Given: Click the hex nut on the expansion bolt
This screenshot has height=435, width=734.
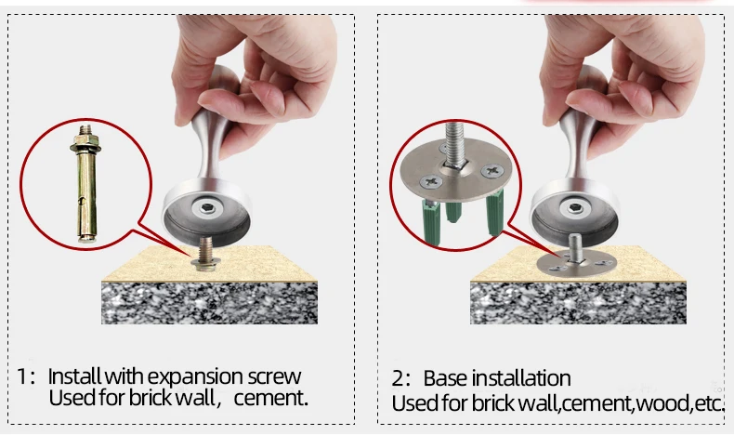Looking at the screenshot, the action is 85,139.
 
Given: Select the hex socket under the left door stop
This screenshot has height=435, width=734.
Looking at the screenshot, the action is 207,208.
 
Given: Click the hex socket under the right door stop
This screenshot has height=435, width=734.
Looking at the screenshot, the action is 575,208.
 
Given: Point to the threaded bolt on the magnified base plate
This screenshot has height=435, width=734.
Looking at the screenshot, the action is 455,145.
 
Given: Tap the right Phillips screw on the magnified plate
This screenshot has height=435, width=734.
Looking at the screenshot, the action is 492,170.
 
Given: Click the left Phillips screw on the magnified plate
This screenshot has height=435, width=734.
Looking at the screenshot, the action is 431,181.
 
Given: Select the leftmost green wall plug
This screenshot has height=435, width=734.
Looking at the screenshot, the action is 432,222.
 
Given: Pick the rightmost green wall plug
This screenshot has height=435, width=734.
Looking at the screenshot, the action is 495,213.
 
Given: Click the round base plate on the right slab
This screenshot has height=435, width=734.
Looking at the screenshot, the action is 576,264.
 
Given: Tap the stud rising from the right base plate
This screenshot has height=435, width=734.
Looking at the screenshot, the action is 575,246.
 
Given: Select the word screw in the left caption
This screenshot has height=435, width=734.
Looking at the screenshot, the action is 274,377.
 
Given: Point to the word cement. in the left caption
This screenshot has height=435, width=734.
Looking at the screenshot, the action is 271,399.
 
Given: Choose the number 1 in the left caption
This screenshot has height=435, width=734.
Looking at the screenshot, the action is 21,376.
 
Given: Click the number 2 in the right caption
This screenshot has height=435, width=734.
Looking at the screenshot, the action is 398,378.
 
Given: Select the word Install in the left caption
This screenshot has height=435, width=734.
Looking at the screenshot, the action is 74,376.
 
